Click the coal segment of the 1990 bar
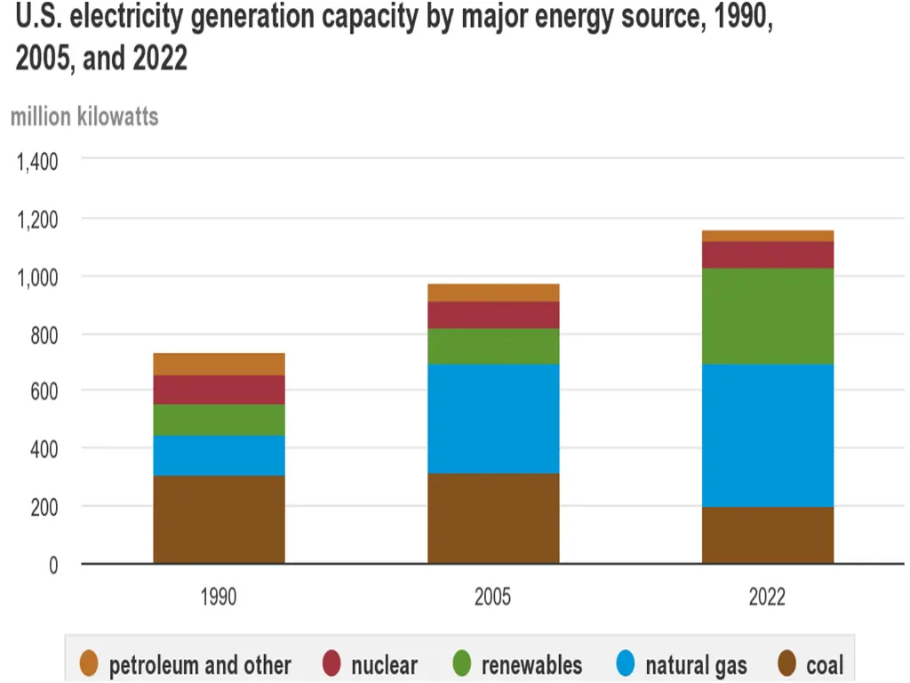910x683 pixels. coord(219,519)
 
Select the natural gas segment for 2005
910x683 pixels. coord(493,418)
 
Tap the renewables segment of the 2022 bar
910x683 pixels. coord(768,316)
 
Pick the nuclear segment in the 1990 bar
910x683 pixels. coord(219,390)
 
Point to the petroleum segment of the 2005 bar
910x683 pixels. coord(493,293)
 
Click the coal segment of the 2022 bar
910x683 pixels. coord(768,534)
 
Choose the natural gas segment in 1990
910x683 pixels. coord(219,455)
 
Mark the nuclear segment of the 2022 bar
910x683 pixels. coord(768,254)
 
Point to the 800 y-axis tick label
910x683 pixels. coord(44,334)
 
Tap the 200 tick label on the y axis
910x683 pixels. coord(44,506)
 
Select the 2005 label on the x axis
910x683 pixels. coord(493,596)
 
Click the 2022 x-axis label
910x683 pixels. coord(767,596)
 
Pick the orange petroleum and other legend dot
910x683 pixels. coord(88,664)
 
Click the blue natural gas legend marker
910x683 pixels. coord(626,664)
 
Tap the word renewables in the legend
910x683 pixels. coord(531,665)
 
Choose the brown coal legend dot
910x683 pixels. coord(786,664)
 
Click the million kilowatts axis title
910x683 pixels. coord(84,117)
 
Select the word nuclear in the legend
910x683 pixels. coord(384,665)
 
